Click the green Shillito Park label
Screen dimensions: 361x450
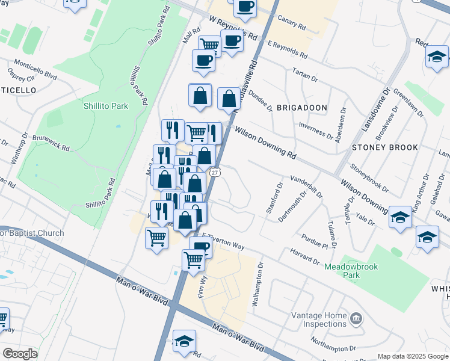tap(106, 106)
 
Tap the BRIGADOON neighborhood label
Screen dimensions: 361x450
tap(302, 108)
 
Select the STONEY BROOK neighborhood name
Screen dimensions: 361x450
tap(385, 147)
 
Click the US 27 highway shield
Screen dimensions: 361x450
tap(215, 172)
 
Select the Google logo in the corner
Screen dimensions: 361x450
tap(20, 353)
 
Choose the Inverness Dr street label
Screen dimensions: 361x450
tap(316, 129)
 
